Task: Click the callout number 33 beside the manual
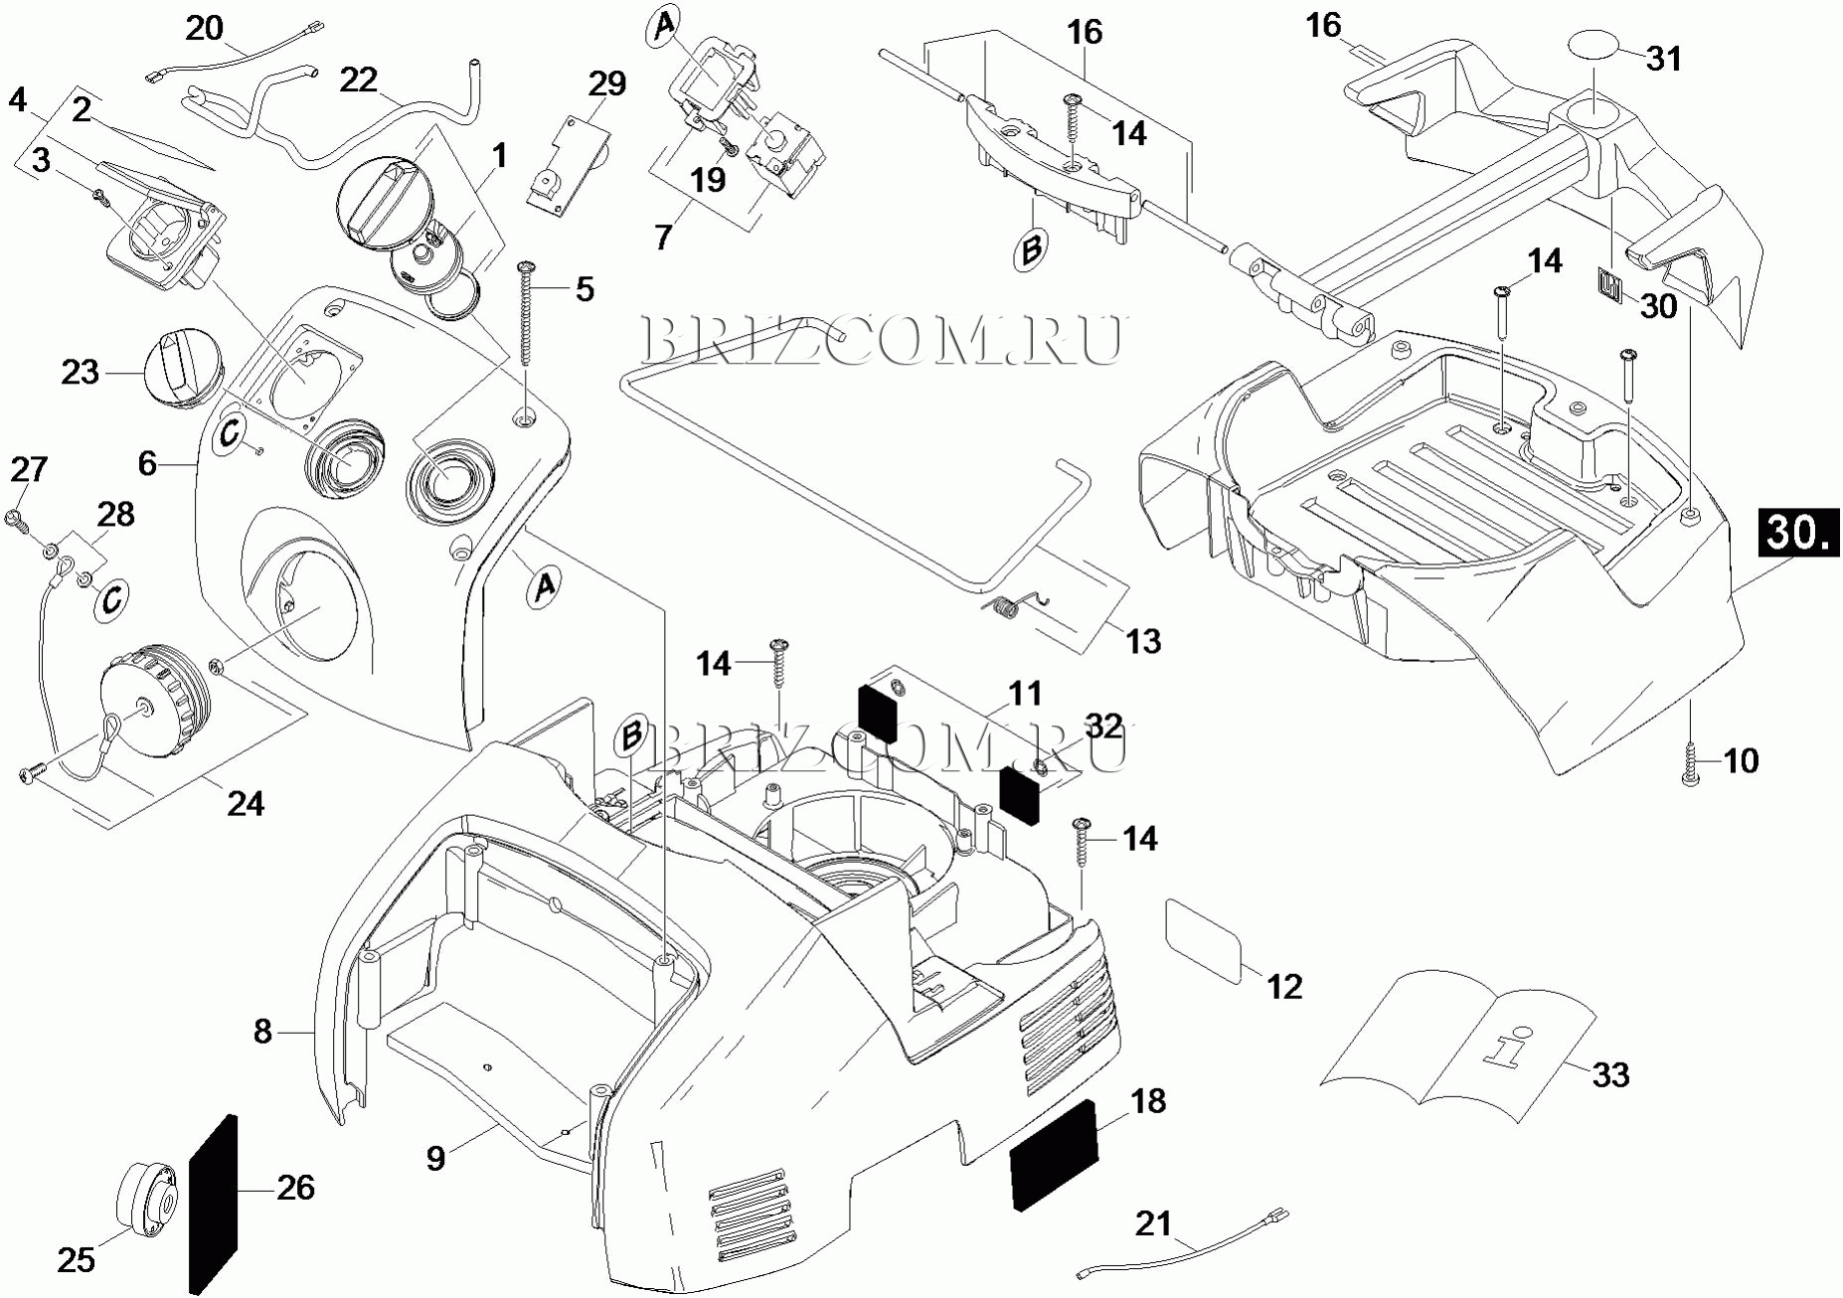click(1610, 1074)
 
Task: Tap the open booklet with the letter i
click(1458, 1051)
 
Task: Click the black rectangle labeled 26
click(214, 1205)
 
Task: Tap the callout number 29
click(607, 83)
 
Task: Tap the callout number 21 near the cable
click(1153, 1223)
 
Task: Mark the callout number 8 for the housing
click(262, 1032)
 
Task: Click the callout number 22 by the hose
click(359, 80)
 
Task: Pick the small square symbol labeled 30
click(1610, 284)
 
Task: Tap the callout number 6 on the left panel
click(148, 463)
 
